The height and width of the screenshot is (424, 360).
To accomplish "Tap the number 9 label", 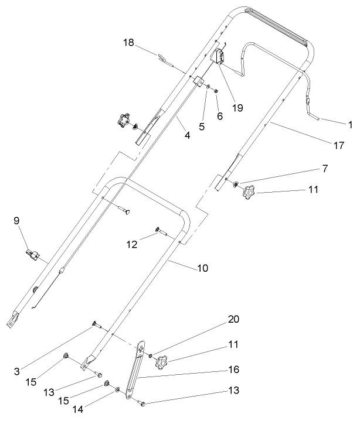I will tap(16, 221).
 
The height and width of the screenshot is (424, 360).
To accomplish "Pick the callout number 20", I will tap(233, 320).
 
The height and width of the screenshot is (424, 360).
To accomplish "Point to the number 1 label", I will tap(350, 124).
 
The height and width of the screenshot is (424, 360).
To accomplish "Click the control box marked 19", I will tap(220, 57).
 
